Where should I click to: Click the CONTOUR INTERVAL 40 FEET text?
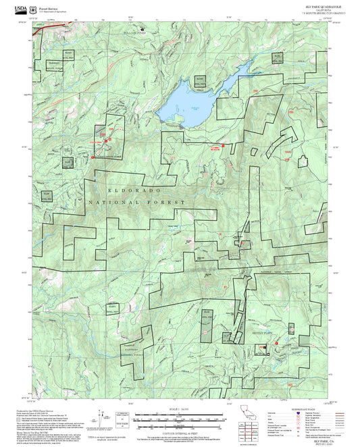[180, 427]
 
